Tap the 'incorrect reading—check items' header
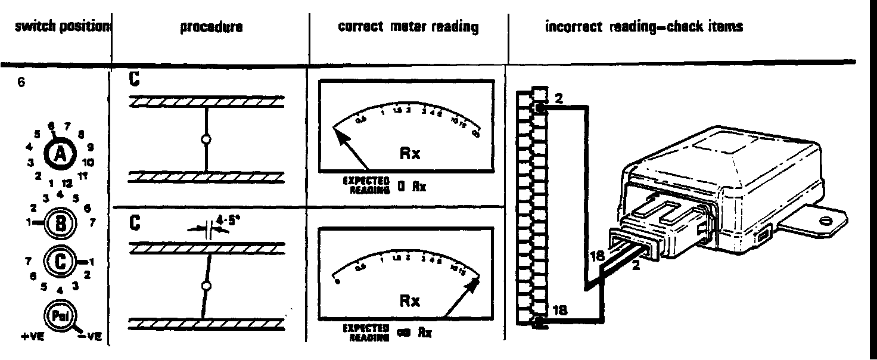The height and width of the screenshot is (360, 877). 644,27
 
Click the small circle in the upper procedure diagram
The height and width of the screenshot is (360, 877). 206,139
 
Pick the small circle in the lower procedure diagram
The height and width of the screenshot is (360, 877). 207,287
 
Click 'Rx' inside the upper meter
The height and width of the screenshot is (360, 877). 410,154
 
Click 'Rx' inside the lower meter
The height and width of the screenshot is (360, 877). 410,302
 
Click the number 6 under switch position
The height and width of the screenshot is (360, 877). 21,84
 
